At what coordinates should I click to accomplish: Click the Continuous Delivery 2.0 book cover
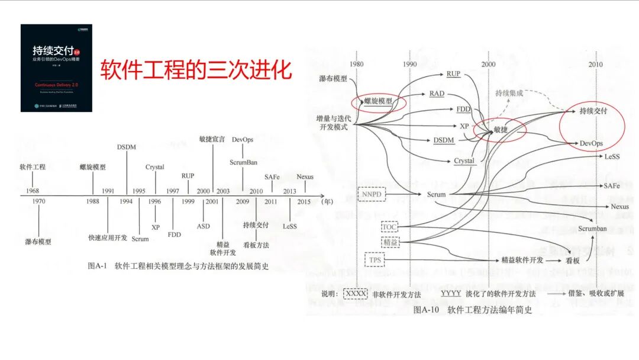coord(57,67)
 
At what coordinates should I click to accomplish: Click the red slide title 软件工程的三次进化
coord(195,70)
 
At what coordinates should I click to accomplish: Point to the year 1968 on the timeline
coord(32,191)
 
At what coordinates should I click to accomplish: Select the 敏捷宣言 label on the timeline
coord(212,140)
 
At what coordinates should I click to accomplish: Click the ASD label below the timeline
coord(203,226)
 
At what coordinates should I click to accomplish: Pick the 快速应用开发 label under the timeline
coord(107,237)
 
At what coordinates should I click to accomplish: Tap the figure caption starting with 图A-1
coord(177,266)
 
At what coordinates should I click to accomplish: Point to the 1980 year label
coord(356,64)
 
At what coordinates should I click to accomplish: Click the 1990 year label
coord(409,64)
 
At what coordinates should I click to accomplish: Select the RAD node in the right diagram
coord(437,94)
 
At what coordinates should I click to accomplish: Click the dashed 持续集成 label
coord(509,93)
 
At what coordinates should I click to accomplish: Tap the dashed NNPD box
coord(372,194)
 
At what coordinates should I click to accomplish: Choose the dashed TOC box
coord(389,227)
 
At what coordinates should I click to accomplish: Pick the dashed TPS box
coord(374,259)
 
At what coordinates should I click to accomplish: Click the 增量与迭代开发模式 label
coord(334,123)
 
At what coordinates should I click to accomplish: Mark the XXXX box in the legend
coord(356,293)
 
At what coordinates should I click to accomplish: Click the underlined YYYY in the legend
coord(451,293)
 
